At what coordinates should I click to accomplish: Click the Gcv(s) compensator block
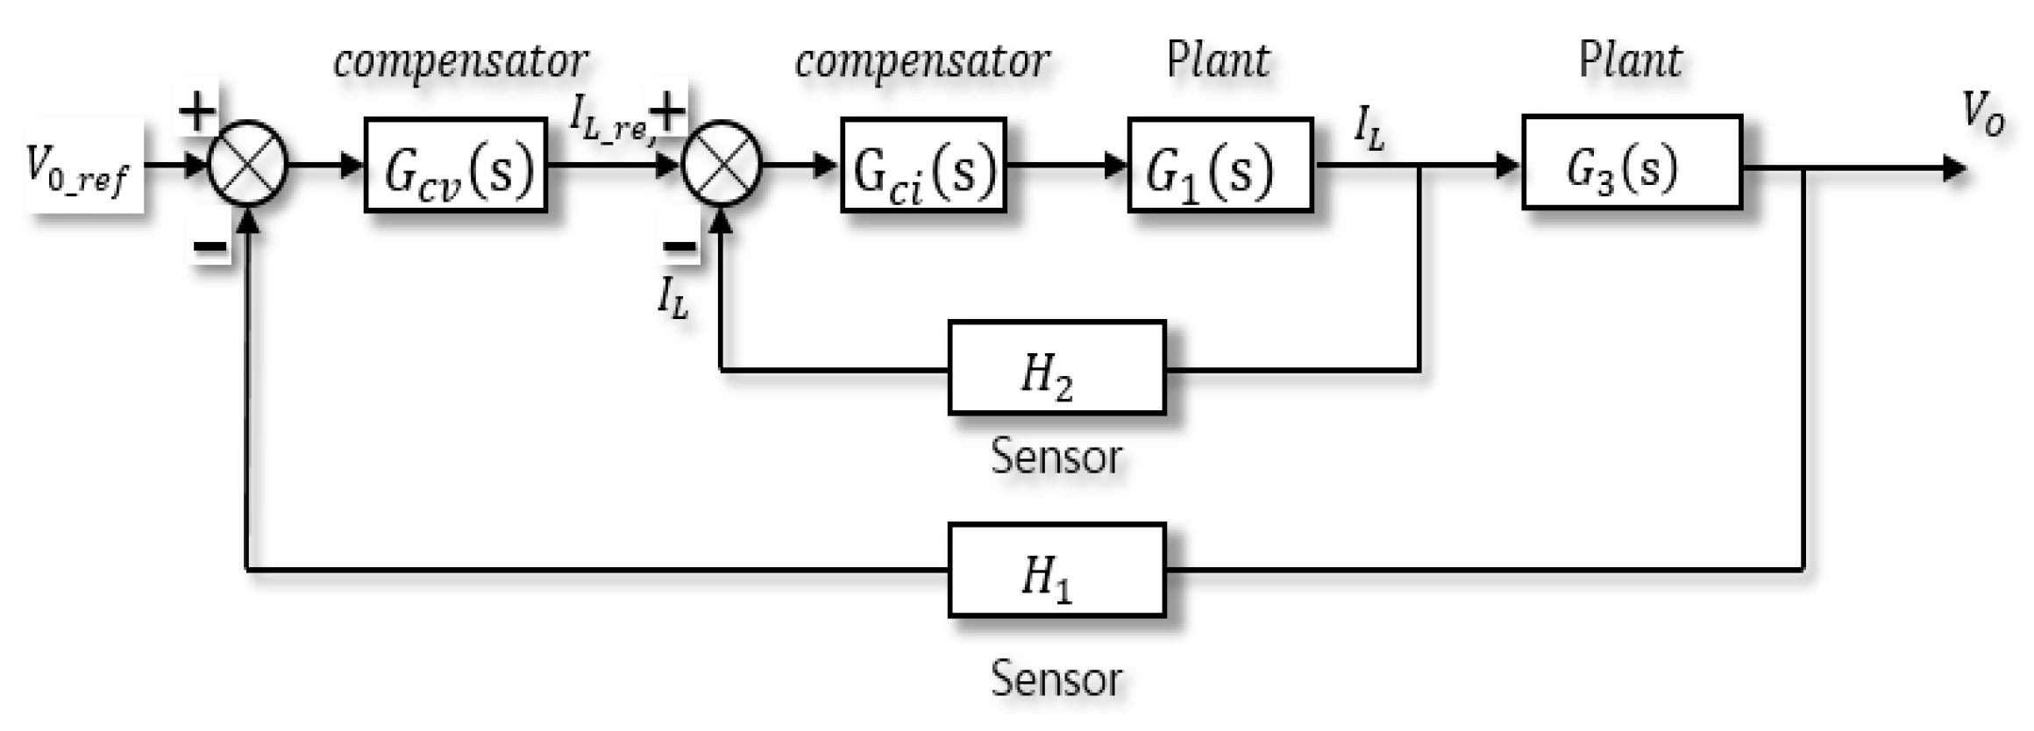click(456, 166)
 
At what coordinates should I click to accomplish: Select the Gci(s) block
click(923, 166)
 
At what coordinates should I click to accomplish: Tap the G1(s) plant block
click(1220, 166)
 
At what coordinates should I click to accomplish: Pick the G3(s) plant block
click(1632, 163)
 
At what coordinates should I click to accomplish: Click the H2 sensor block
click(1056, 368)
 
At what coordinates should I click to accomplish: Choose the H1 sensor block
click(1056, 571)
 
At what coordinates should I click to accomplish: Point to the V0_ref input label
click(82, 166)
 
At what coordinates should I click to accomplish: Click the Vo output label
click(1983, 115)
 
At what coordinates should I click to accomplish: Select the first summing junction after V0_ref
click(248, 165)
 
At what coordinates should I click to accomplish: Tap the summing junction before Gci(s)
click(722, 165)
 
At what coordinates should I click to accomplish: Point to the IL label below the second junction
click(673, 298)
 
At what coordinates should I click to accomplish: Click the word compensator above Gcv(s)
click(460, 62)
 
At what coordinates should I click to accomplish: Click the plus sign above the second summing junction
click(668, 111)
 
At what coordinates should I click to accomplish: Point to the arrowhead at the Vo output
click(1954, 167)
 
